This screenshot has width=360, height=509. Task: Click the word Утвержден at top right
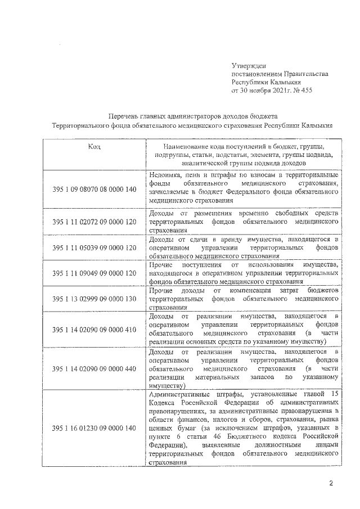249,66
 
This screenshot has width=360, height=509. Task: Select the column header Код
94,146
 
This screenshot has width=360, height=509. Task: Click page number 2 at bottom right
331,483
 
